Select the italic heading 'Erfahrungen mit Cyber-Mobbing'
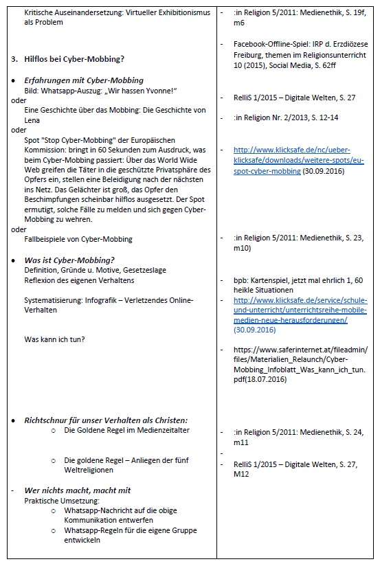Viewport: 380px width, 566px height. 83,80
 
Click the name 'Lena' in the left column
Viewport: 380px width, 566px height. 32,120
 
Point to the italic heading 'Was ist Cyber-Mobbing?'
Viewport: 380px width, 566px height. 69,260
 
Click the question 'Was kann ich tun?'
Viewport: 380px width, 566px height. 54,339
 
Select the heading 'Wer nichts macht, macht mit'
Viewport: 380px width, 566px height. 77,490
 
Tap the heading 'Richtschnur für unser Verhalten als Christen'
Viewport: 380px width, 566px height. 106,420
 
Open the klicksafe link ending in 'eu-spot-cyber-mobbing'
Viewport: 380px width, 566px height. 300,159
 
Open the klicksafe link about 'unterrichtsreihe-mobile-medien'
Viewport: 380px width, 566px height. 300,310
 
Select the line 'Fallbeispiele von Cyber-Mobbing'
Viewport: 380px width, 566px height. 78,239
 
